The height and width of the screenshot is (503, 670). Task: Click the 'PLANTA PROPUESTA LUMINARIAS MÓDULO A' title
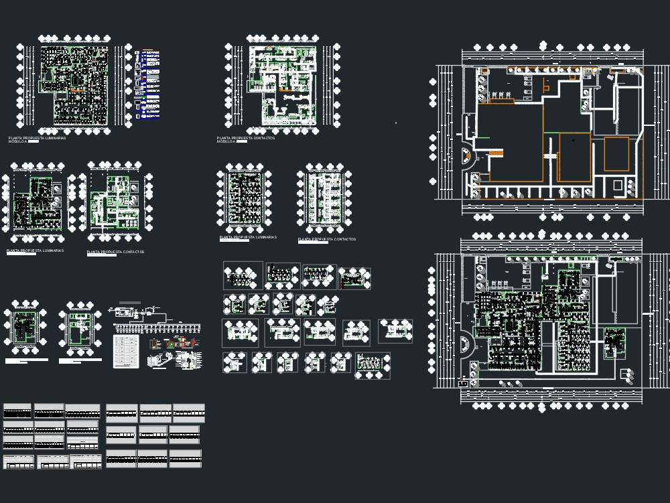point(37,139)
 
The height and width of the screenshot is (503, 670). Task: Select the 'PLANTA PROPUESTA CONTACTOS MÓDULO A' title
point(245,139)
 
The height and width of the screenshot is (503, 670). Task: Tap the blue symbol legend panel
point(149,84)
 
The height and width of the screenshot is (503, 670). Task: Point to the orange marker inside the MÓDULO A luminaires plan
point(78,89)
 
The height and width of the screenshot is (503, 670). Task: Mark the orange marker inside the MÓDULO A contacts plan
point(286,89)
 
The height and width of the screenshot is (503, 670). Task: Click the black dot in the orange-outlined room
point(574,141)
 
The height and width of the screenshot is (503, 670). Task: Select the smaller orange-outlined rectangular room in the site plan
point(616,154)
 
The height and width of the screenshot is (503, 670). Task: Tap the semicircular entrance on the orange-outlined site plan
point(467,157)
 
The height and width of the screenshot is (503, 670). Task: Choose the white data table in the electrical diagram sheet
point(125,352)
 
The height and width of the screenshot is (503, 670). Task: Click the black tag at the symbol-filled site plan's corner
point(462,384)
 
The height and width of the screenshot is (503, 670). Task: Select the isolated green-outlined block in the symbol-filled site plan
point(614,342)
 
